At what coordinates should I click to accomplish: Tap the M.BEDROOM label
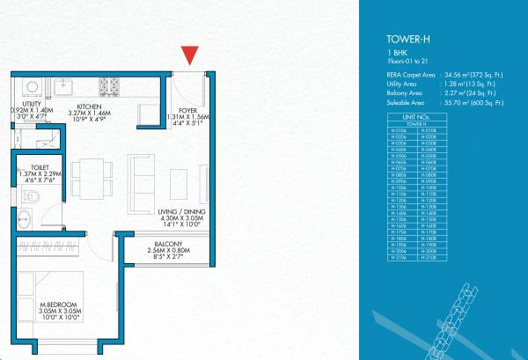[x=55, y=305]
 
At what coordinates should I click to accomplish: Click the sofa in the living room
[x=140, y=175]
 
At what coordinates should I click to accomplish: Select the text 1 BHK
[x=396, y=55]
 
